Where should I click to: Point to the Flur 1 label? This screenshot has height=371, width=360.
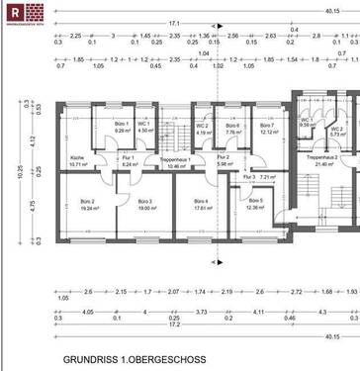click(128, 160)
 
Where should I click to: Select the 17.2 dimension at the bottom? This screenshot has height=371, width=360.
click(175, 324)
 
